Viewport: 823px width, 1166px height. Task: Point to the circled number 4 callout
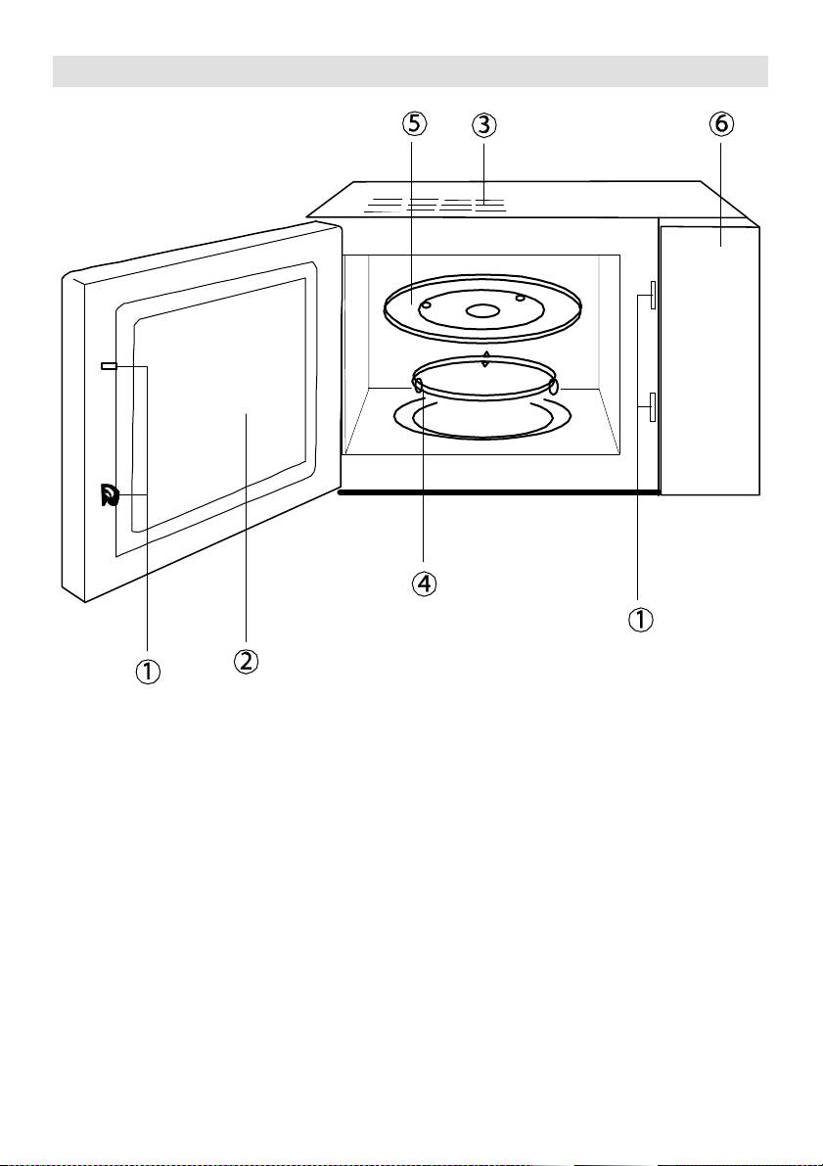pos(423,583)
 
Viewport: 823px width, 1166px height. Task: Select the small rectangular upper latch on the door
pos(109,365)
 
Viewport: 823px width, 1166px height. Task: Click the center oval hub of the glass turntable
pos(481,310)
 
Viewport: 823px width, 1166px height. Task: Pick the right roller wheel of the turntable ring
pos(553,388)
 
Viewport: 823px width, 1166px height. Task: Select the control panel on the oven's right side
pos(709,357)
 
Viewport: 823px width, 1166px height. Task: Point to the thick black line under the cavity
pos(498,492)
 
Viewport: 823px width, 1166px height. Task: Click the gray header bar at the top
pos(411,71)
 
